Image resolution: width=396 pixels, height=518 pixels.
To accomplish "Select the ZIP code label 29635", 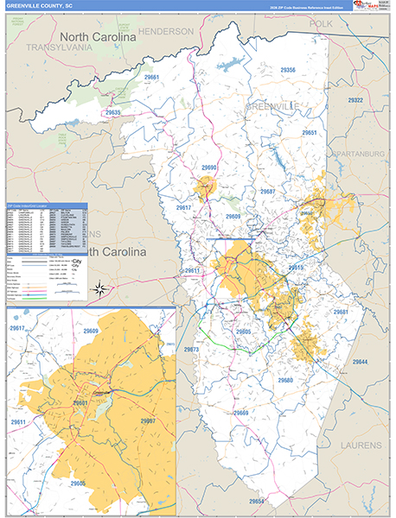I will pos(113,113).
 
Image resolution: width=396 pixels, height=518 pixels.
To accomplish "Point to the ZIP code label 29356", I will pos(288,70).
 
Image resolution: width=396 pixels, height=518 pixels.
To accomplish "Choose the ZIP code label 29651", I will pos(309,133).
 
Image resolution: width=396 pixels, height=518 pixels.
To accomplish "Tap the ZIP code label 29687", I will pos(267,192).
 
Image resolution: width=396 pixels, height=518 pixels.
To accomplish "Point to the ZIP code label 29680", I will pos(285,380).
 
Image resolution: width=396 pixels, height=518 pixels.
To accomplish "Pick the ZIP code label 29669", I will pos(241,414).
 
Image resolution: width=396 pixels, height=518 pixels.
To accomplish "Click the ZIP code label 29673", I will pos(191,349).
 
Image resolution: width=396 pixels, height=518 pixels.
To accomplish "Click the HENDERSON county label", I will pos(168,31).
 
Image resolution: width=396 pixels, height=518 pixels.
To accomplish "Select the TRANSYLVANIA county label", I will pos(57,48).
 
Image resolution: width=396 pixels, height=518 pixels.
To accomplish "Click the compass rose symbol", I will pos(101,289).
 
